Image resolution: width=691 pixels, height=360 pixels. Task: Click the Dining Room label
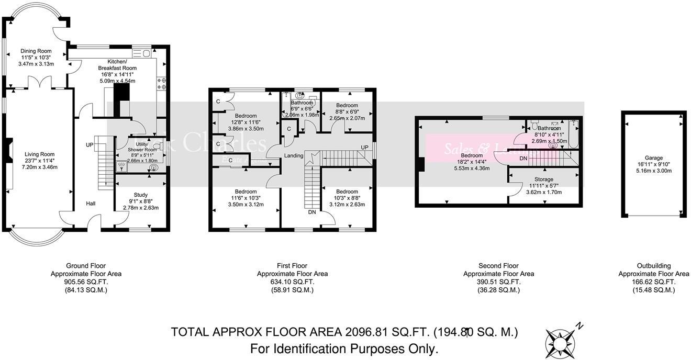[36, 51]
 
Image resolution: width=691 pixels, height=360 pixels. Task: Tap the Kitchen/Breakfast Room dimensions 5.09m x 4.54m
[117, 81]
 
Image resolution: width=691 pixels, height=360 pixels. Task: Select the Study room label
[140, 195]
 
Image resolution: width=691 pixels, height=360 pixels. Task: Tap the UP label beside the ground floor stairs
[90, 144]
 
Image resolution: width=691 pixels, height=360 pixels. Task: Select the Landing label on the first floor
[293, 156]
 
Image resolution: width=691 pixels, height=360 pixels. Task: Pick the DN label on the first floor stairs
[312, 212]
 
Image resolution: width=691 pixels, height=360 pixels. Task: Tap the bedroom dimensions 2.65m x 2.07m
[347, 118]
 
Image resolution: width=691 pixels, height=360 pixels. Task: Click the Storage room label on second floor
[544, 179]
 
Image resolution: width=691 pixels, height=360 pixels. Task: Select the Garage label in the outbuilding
[653, 157]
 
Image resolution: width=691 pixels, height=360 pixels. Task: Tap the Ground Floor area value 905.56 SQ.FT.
[86, 282]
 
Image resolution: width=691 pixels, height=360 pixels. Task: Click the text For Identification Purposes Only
[344, 348]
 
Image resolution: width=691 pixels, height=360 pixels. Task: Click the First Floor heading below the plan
[292, 266]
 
